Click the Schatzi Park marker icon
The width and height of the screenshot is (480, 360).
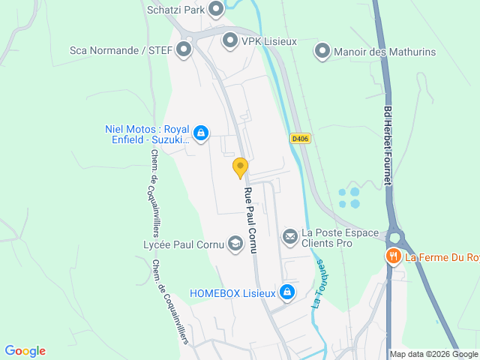point(216,10)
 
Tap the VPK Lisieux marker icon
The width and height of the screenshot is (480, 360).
point(230,41)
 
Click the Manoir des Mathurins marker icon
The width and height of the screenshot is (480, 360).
point(322,51)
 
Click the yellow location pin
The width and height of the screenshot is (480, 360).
point(240,166)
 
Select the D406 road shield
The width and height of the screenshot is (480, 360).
point(300,138)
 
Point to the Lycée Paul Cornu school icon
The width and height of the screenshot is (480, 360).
point(235,244)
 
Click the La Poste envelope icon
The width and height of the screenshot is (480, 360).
point(289,237)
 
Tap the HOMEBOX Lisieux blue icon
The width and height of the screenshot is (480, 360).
point(286,292)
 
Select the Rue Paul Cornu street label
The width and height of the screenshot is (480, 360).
point(249,220)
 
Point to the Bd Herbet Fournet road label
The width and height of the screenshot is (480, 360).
point(388,149)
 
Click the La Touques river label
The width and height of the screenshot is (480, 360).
point(318,284)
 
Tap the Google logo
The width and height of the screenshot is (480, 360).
point(25,351)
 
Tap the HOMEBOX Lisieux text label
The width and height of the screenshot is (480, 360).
point(232,292)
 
